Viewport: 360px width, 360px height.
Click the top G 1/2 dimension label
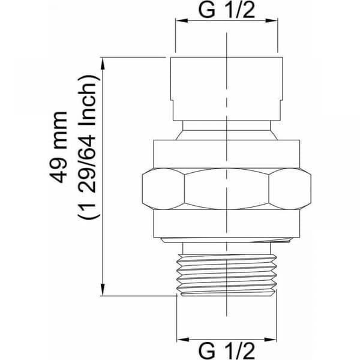(x=226, y=10)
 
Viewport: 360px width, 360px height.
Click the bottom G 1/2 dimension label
(x=226, y=350)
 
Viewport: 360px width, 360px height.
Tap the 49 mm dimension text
(x=58, y=147)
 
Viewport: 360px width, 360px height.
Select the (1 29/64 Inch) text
(x=89, y=147)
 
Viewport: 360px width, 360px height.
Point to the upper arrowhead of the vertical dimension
(x=103, y=63)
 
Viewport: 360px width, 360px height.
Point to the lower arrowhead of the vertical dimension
(x=103, y=290)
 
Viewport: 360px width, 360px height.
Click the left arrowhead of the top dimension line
(x=182, y=20)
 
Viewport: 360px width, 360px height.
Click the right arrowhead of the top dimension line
(x=272, y=20)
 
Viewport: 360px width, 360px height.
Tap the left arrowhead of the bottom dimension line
(x=183, y=340)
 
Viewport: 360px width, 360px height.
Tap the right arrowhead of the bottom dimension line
(x=271, y=340)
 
